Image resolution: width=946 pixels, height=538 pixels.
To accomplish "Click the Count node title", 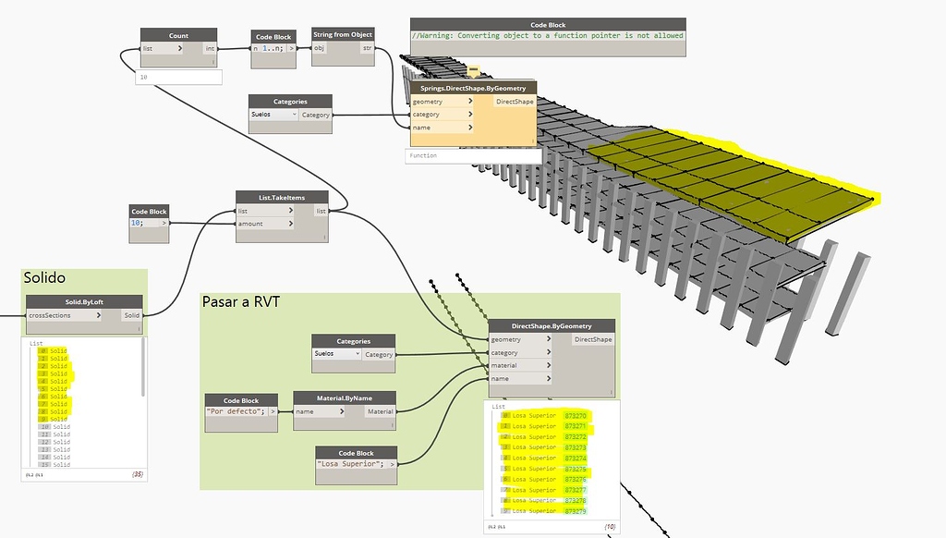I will [x=178, y=35].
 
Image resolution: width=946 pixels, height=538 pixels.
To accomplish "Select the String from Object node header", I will [x=343, y=34].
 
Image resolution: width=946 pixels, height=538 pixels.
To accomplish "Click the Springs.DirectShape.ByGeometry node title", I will [x=472, y=88].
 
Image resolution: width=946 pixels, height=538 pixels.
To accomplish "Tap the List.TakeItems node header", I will [x=282, y=197].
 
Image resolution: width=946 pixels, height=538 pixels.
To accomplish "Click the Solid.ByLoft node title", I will [x=84, y=301].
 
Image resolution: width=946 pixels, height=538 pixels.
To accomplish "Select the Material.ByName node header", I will [x=345, y=397].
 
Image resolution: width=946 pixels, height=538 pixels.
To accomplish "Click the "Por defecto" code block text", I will [x=236, y=411].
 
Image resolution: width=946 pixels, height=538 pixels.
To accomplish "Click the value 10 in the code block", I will [x=139, y=223].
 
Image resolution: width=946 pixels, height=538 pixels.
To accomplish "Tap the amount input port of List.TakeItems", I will [x=250, y=224].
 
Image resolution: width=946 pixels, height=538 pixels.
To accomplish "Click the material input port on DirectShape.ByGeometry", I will [x=504, y=365].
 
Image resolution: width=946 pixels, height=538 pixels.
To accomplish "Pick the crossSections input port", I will [x=52, y=315].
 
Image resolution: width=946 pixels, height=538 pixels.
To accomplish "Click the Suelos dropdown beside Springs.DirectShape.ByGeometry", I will [x=274, y=115].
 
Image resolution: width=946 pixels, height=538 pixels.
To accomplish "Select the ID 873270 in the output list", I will [x=575, y=416].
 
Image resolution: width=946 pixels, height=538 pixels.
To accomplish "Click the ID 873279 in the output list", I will [x=575, y=511].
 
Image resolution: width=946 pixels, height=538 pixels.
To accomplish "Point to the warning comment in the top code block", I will [x=548, y=36].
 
